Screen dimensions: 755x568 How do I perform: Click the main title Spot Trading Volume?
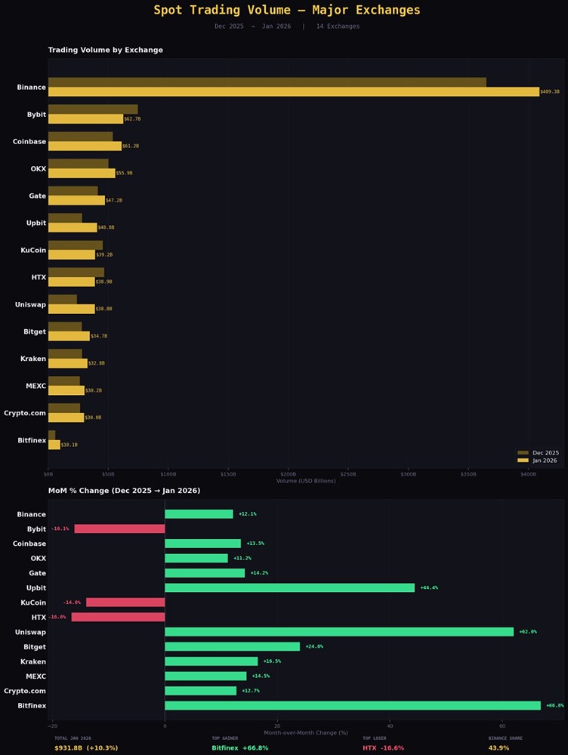pos(287,11)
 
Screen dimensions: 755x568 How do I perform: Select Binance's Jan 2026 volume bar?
pos(293,92)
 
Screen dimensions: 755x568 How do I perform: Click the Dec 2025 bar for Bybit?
pos(93,109)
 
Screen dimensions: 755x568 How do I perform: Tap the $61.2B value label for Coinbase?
pos(131,146)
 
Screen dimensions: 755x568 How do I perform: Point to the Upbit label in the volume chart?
pos(35,223)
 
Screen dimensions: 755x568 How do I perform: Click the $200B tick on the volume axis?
pos(288,474)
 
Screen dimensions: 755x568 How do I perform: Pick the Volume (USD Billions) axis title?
pos(306,481)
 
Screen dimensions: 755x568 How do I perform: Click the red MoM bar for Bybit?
pos(119,528)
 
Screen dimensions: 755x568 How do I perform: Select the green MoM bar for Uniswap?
pos(339,632)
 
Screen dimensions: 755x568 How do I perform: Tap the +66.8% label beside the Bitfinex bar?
pos(554,706)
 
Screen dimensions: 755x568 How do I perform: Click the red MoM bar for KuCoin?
pos(125,602)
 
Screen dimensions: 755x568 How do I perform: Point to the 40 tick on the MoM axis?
pos(390,726)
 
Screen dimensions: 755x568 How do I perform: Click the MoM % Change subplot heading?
pos(124,491)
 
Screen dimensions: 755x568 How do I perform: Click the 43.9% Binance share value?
pos(499,748)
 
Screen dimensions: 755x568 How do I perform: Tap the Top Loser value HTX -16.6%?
pos(383,748)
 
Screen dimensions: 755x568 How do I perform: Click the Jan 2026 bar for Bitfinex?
pos(54,445)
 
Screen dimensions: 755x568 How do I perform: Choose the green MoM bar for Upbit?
pos(289,587)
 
